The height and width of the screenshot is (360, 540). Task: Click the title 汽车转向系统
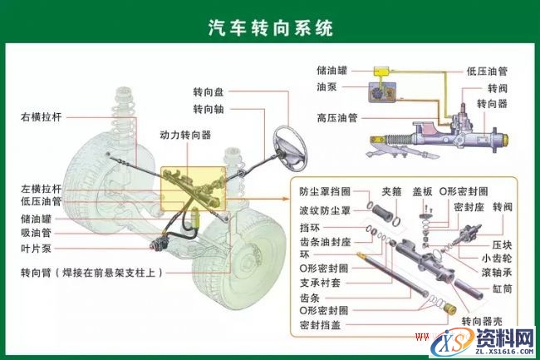tap(270, 28)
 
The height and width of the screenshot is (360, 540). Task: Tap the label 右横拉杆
tap(42, 117)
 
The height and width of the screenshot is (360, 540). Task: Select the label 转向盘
tap(209, 92)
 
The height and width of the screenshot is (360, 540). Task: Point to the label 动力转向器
tap(185, 134)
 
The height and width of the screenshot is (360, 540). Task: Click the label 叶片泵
tap(36, 249)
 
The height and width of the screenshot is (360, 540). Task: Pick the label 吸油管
tap(36, 234)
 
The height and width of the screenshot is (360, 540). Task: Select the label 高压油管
tap(337, 117)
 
